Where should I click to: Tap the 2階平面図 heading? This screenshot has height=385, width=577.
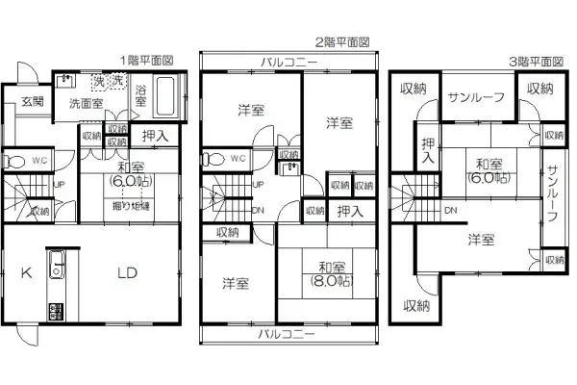point(340,43)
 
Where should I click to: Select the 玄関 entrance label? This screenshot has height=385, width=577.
point(30,101)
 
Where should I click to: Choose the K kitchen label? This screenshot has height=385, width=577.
point(27,272)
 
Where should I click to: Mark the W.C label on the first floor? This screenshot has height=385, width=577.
point(39,161)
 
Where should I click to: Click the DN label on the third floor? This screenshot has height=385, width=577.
point(451,210)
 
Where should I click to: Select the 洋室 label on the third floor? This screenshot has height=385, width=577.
point(483,239)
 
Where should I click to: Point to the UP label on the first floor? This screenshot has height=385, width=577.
point(60,184)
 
